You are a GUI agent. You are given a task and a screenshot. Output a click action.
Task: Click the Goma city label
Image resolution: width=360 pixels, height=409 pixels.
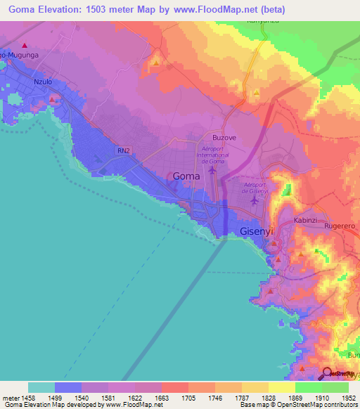187,178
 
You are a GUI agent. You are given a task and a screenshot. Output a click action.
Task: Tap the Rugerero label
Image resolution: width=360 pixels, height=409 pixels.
340,226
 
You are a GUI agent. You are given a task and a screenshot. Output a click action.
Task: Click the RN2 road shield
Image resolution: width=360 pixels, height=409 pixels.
124,150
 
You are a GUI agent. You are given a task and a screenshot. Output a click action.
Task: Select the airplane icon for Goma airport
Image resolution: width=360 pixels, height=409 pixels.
212,170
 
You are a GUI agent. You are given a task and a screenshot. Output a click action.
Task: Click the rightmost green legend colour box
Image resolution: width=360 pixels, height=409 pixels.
335,387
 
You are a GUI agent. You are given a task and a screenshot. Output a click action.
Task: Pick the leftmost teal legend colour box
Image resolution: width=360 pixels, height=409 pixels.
41,387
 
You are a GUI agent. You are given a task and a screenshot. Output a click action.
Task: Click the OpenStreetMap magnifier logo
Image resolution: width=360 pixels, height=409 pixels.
326,373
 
